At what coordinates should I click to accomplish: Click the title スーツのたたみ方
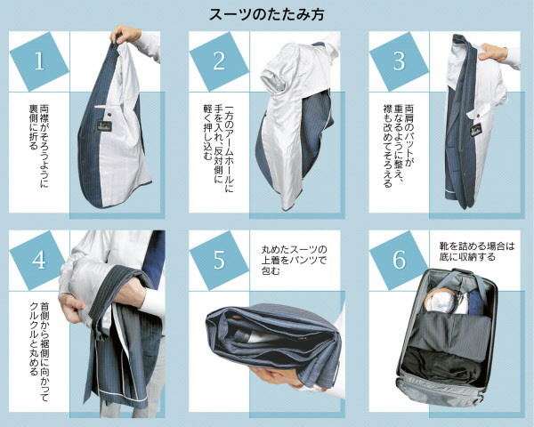click(x=267, y=15)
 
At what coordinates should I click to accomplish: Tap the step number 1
click(x=39, y=61)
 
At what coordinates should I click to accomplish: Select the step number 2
click(x=219, y=61)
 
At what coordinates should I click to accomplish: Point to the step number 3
click(x=399, y=61)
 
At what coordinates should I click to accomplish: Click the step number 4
click(x=39, y=260)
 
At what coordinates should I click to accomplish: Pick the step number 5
click(x=219, y=260)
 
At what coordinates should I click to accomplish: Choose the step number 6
click(x=399, y=260)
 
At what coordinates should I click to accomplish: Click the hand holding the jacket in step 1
click(x=125, y=34)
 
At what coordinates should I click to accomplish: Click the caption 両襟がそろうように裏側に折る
click(x=39, y=146)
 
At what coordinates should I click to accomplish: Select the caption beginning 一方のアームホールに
click(x=219, y=149)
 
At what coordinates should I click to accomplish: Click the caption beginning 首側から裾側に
click(x=39, y=350)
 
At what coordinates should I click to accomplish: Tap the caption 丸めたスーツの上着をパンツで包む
click(x=294, y=260)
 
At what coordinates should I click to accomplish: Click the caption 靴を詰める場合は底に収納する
click(x=476, y=251)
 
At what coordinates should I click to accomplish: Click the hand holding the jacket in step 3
click(x=493, y=52)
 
